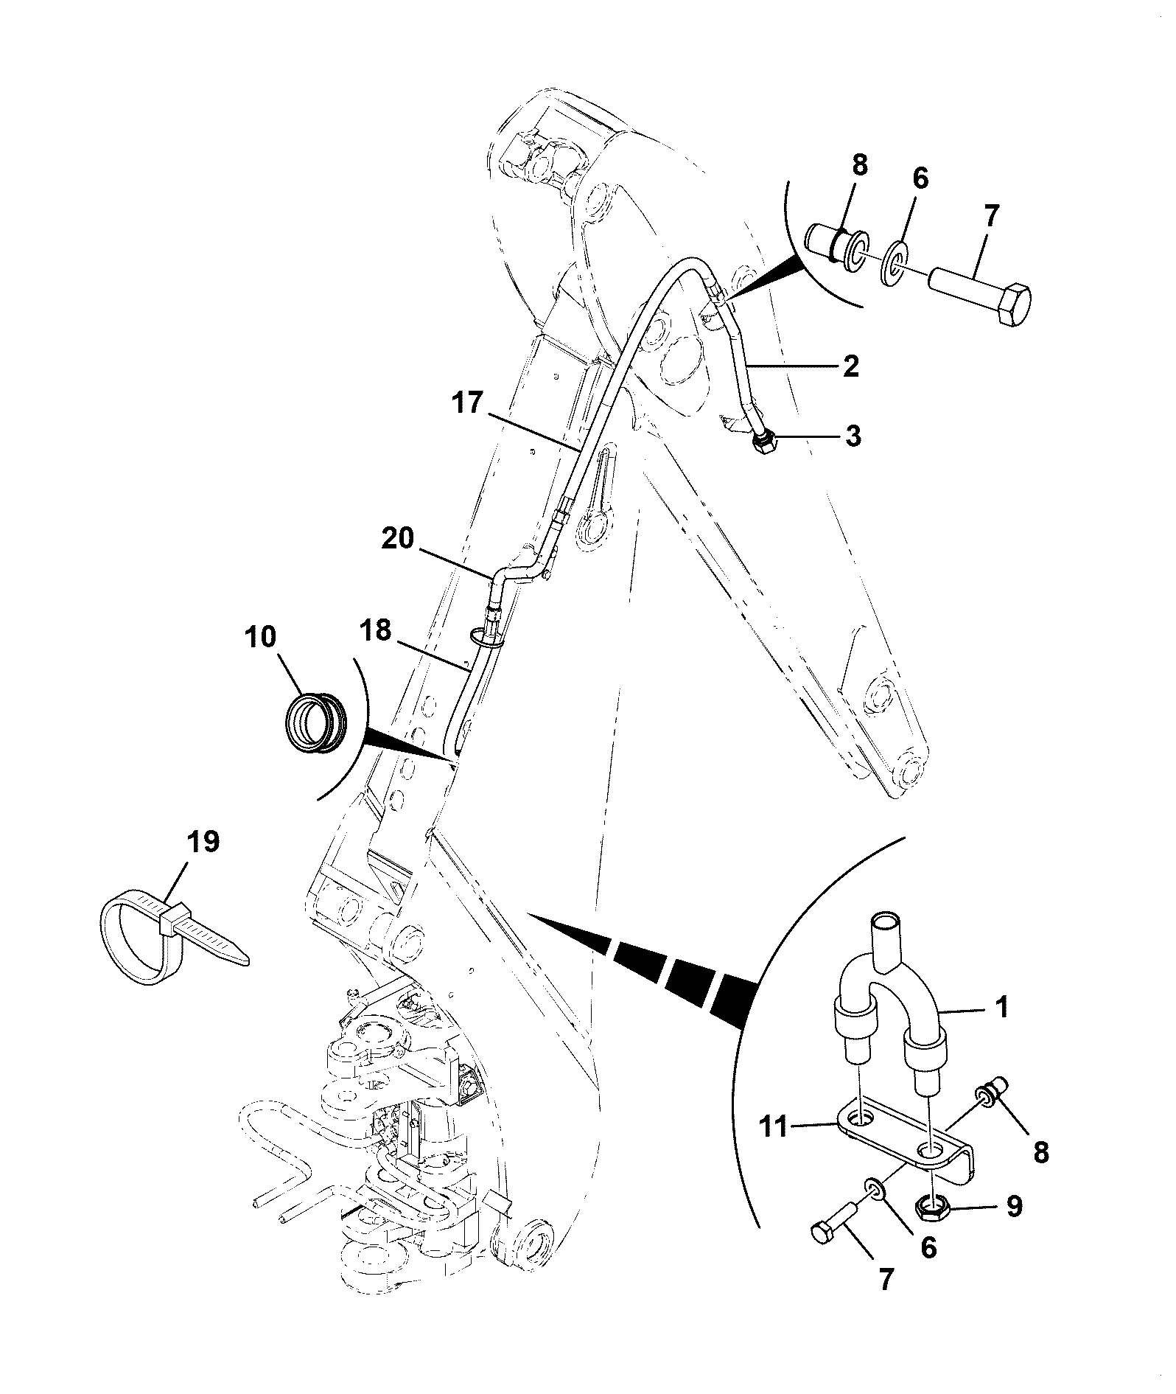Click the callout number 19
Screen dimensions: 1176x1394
pos(203,842)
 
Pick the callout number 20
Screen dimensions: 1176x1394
pos(399,539)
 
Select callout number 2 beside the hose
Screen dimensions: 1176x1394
pos(851,366)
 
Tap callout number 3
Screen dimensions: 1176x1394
pos(852,436)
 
